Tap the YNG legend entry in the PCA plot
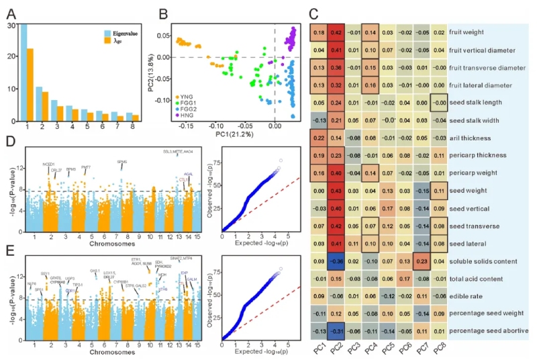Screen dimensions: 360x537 (x=186, y=97)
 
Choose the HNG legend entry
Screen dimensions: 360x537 (x=187, y=116)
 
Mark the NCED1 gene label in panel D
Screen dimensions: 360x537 (x=48, y=165)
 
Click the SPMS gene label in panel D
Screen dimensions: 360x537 (x=122, y=163)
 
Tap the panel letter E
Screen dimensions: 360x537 (x=9, y=251)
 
